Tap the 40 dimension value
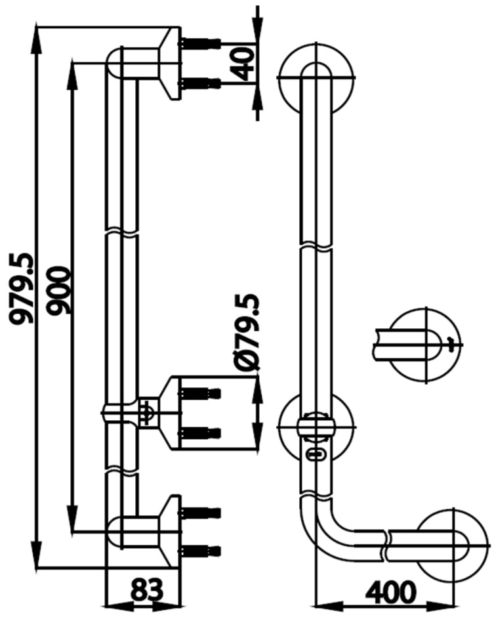pos(243,64)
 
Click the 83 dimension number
pos(146,590)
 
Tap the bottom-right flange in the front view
pos(455,542)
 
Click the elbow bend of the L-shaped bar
pos(325,525)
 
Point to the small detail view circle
pos(424,345)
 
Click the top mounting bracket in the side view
pos(169,63)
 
